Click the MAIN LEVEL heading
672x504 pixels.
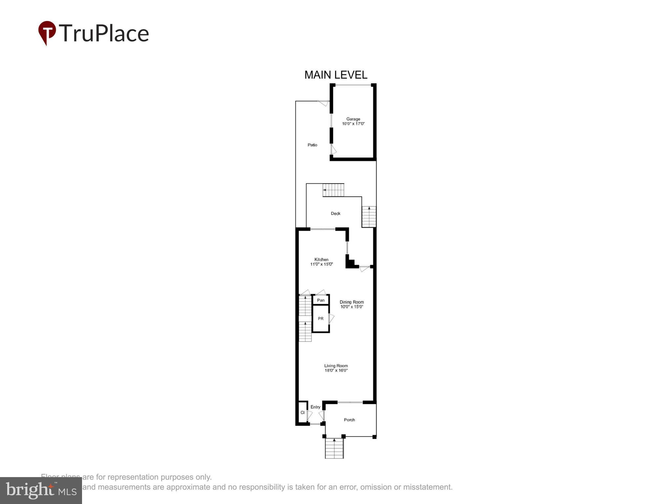pos(336,75)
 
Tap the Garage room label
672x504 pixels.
pos(353,119)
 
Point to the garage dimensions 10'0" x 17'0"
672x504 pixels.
pos(353,124)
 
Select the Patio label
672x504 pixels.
pos(312,145)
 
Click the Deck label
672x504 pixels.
pos(335,214)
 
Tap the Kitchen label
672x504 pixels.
pos(321,260)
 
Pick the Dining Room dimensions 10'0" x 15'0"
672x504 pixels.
pos(351,307)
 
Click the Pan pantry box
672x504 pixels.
pos(321,300)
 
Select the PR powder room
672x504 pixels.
pos(321,319)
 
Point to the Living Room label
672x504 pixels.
pos(336,366)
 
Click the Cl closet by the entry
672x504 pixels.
pos(303,413)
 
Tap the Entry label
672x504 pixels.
pos(315,407)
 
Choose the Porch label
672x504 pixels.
pos(349,420)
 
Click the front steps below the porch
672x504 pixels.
pos(334,449)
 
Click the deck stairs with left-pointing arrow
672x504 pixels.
pos(333,190)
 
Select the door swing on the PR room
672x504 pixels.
pos(331,318)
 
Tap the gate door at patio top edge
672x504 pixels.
pos(324,103)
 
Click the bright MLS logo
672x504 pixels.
pos(41,491)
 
